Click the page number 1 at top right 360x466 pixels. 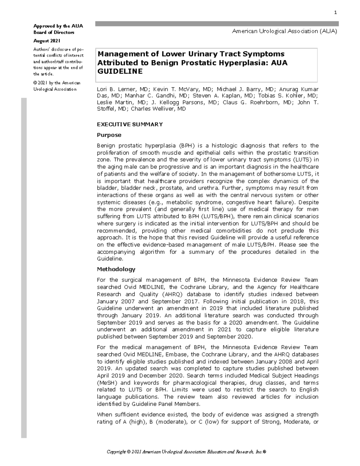point(335,13)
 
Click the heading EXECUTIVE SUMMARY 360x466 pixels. point(130,124)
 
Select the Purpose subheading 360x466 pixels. point(109,135)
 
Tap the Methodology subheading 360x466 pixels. point(116,269)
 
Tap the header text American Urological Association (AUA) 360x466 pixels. point(284,31)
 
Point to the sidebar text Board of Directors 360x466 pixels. point(54,32)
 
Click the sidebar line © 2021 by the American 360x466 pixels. point(57,83)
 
